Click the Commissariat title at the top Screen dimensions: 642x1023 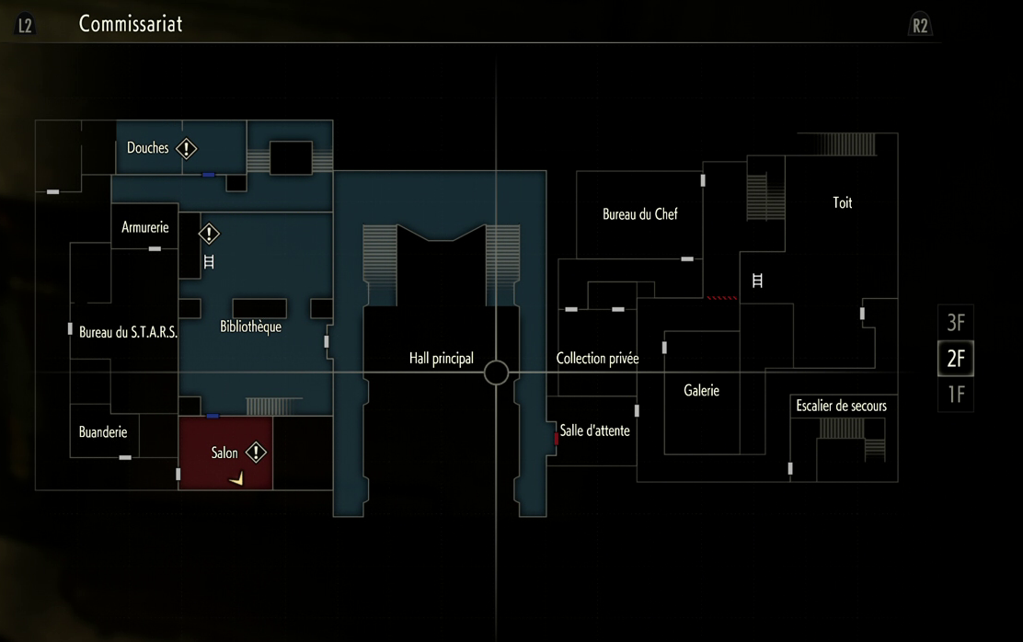tap(131, 24)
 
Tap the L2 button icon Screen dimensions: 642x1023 tap(25, 25)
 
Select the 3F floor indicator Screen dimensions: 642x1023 tap(956, 323)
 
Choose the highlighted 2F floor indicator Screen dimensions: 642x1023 tap(956, 359)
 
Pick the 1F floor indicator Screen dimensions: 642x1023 tap(956, 395)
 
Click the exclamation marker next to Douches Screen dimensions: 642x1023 tap(187, 148)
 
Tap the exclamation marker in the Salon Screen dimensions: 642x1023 tap(256, 453)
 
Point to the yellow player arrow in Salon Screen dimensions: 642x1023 tap(237, 477)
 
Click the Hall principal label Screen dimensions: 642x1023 tap(442, 359)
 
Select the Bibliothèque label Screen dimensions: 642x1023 tap(251, 327)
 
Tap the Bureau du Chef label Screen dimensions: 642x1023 tap(640, 214)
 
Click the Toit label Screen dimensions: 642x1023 tap(843, 203)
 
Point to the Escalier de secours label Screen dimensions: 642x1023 tap(841, 406)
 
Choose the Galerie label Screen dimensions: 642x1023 tap(702, 391)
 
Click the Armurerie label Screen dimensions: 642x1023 tap(145, 227)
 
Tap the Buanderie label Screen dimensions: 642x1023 tap(103, 432)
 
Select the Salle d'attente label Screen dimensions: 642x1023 tap(595, 430)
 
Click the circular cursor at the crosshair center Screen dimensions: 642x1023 tap(496, 373)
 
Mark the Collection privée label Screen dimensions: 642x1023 tap(598, 359)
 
